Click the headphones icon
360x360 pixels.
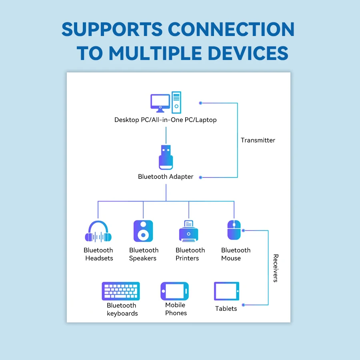98,232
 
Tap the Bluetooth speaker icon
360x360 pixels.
143,231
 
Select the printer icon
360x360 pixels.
188,231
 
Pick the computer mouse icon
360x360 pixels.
234,230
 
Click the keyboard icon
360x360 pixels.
121,291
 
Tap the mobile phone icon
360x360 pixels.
175,291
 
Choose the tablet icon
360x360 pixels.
227,291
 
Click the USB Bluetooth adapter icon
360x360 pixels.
166,157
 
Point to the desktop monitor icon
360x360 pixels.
160,103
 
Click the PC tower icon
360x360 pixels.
176,102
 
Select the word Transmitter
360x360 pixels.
258,140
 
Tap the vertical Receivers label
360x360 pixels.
276,268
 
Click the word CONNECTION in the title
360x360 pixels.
231,29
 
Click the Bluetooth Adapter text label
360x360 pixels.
166,176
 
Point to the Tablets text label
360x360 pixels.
226,308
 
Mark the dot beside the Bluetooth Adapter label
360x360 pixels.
200,177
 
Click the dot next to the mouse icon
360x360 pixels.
243,230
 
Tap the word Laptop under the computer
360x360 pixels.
206,120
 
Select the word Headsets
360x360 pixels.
99,258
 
